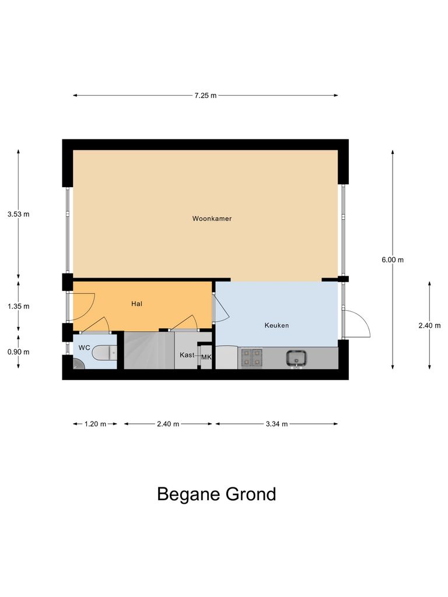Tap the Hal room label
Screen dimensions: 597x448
point(137,304)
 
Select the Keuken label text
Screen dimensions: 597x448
point(276,325)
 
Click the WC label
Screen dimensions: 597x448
point(84,347)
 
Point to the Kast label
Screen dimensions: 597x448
point(187,355)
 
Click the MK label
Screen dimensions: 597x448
point(206,357)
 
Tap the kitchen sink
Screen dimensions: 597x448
point(297,357)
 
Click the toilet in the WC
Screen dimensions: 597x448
point(107,352)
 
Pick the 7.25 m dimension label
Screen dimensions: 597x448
point(205,96)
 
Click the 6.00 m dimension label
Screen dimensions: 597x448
point(393,260)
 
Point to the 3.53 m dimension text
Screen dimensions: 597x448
point(18,214)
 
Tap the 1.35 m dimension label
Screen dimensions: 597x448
point(18,305)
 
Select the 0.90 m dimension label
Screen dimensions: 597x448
point(18,352)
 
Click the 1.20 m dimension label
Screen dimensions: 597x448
point(95,424)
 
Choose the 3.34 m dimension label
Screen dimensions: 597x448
point(276,424)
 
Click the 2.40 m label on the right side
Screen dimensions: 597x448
point(429,326)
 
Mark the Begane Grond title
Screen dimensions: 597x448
point(216,494)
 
